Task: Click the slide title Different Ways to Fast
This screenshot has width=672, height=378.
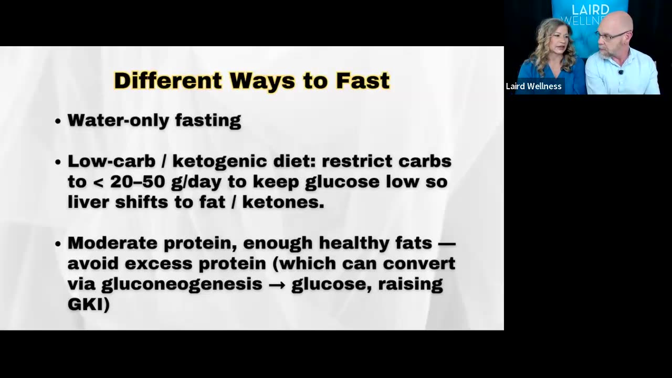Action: (x=251, y=81)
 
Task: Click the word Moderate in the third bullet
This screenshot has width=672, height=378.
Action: (x=112, y=243)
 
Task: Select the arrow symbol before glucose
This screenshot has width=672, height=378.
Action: (x=277, y=284)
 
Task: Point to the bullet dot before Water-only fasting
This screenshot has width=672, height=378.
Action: (x=58, y=121)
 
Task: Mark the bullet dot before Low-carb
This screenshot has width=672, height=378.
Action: (x=58, y=162)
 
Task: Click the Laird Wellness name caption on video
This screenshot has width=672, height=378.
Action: (x=533, y=86)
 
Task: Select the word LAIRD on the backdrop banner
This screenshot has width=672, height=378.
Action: (x=590, y=10)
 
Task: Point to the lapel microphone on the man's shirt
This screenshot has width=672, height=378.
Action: (x=621, y=72)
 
